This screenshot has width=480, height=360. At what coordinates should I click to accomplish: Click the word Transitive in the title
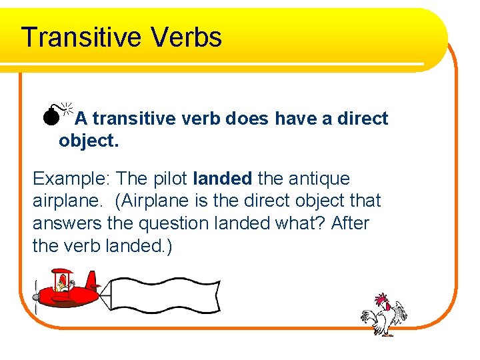80,37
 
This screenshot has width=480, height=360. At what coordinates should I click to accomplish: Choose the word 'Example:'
71,179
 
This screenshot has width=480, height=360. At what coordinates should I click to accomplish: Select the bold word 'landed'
222,179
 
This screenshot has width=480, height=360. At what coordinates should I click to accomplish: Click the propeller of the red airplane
36,296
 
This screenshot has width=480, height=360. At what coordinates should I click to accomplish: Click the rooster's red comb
381,299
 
